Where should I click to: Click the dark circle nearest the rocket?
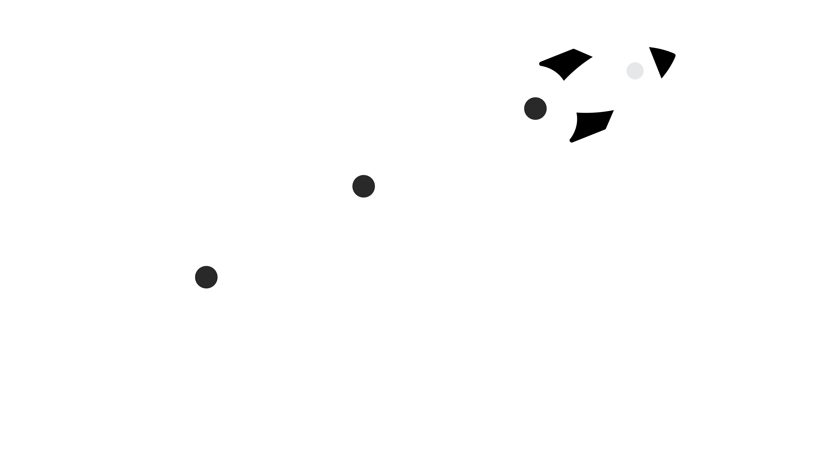click(x=535, y=109)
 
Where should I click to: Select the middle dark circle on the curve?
click(x=364, y=186)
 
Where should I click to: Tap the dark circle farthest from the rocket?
click(x=206, y=277)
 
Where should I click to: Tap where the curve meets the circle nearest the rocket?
click(x=525, y=113)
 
